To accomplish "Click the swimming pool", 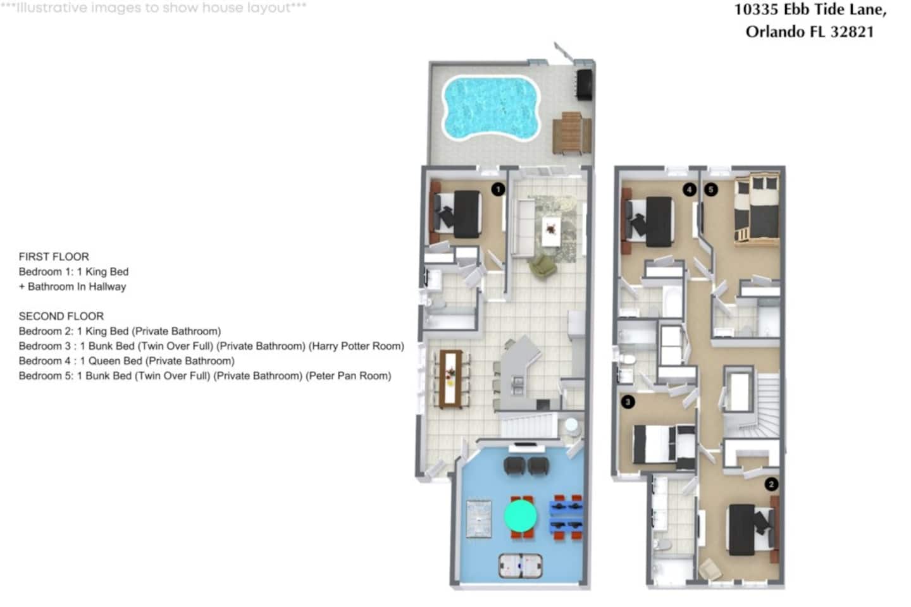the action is [492, 108].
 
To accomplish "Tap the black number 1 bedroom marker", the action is [499, 190].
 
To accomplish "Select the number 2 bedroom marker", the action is [772, 484].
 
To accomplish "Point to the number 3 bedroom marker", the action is [628, 402].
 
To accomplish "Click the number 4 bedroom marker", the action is [690, 190].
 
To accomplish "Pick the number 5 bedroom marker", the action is [711, 190].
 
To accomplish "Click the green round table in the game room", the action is [521, 515].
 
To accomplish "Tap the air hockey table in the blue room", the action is [521, 566].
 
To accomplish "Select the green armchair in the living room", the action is [542, 267].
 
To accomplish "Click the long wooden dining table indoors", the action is [450, 379].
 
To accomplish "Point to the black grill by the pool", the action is [584, 84].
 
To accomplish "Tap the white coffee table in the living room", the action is [550, 231].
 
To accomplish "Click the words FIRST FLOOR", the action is [54, 257].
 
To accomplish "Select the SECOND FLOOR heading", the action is [61, 316].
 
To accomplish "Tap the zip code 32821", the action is [852, 32].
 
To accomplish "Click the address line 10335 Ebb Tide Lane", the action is [810, 9].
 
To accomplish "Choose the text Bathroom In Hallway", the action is [77, 286].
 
